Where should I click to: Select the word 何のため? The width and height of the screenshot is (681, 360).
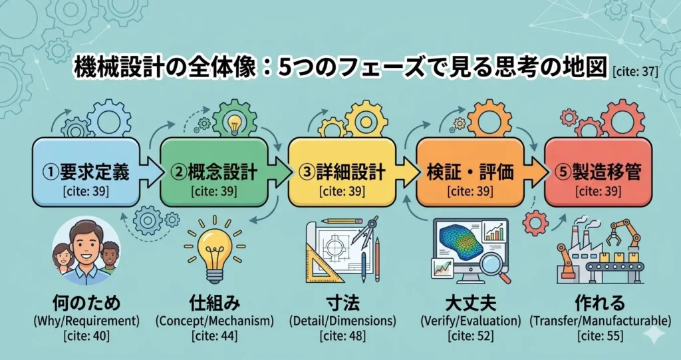pyautogui.click(x=86, y=303)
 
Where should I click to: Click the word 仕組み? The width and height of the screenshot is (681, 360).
pyautogui.click(x=214, y=303)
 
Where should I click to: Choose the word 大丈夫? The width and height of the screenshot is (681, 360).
pyautogui.click(x=471, y=303)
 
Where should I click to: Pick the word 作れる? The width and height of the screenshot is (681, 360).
pyautogui.click(x=599, y=303)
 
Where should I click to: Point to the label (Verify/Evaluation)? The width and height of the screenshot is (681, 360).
pyautogui.click(x=471, y=321)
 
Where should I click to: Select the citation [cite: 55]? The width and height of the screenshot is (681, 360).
pyautogui.click(x=599, y=336)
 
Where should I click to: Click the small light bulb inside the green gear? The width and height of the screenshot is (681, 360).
pyautogui.click(x=234, y=122)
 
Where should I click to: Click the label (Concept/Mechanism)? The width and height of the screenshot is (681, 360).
pyautogui.click(x=214, y=321)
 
